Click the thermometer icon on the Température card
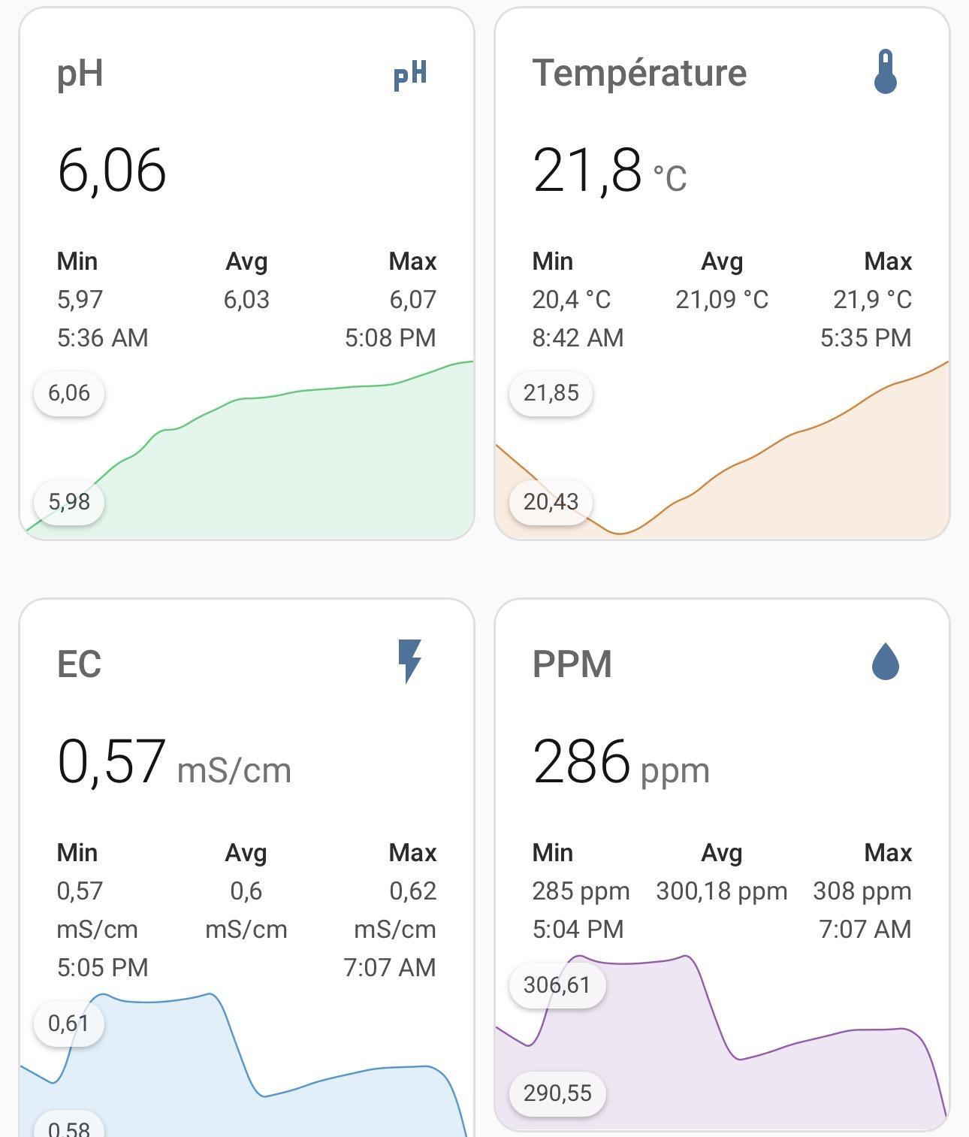click(x=886, y=72)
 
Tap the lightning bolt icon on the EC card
click(x=409, y=661)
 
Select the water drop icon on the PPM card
click(x=886, y=662)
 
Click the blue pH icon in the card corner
click(x=410, y=74)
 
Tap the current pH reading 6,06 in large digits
click(x=111, y=170)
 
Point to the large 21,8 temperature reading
click(x=587, y=170)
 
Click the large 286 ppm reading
click(x=581, y=761)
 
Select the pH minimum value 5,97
click(x=80, y=299)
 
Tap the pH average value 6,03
click(x=246, y=299)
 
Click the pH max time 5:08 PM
click(x=390, y=337)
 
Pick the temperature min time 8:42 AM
click(x=578, y=337)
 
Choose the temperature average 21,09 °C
click(x=722, y=299)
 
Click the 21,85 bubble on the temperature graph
click(x=551, y=393)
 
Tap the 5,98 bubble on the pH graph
click(x=69, y=501)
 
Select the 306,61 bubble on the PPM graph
click(x=557, y=984)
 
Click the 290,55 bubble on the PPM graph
click(x=557, y=1093)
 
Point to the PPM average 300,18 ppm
click(x=722, y=891)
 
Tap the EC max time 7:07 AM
click(x=390, y=967)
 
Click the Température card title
click(x=639, y=73)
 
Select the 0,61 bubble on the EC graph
click(x=68, y=1023)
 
